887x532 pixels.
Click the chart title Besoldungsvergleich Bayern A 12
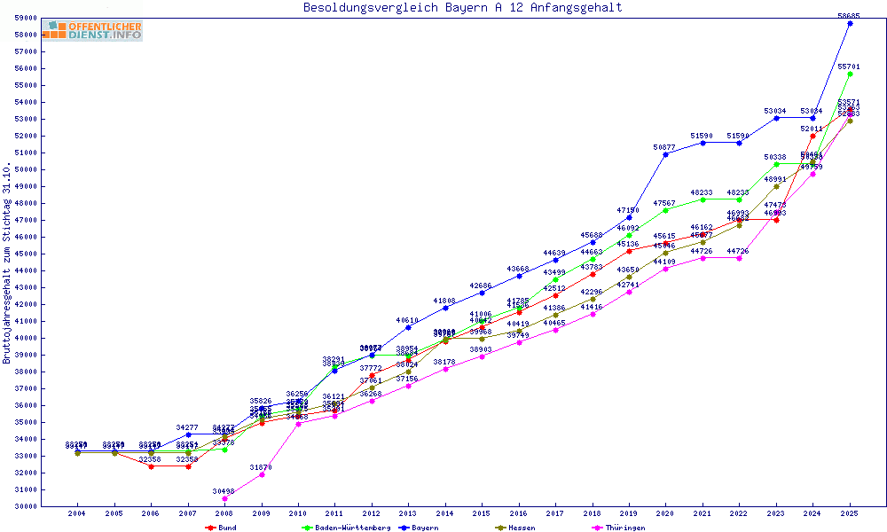(x=462, y=8)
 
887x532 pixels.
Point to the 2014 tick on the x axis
(x=444, y=513)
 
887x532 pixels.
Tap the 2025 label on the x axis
(x=850, y=513)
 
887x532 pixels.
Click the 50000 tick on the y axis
(x=24, y=169)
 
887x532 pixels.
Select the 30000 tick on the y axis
(x=24, y=506)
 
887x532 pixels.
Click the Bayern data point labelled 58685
(x=850, y=24)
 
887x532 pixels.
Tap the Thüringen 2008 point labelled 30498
(x=224, y=498)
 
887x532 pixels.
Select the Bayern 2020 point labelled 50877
(x=665, y=154)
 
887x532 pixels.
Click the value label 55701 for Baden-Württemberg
(x=850, y=66)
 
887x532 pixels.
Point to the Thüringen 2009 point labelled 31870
(x=262, y=474)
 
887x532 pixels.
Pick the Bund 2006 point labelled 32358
(x=151, y=466)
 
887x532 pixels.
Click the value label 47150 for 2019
(x=629, y=210)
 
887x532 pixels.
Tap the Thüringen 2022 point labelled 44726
(x=739, y=258)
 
